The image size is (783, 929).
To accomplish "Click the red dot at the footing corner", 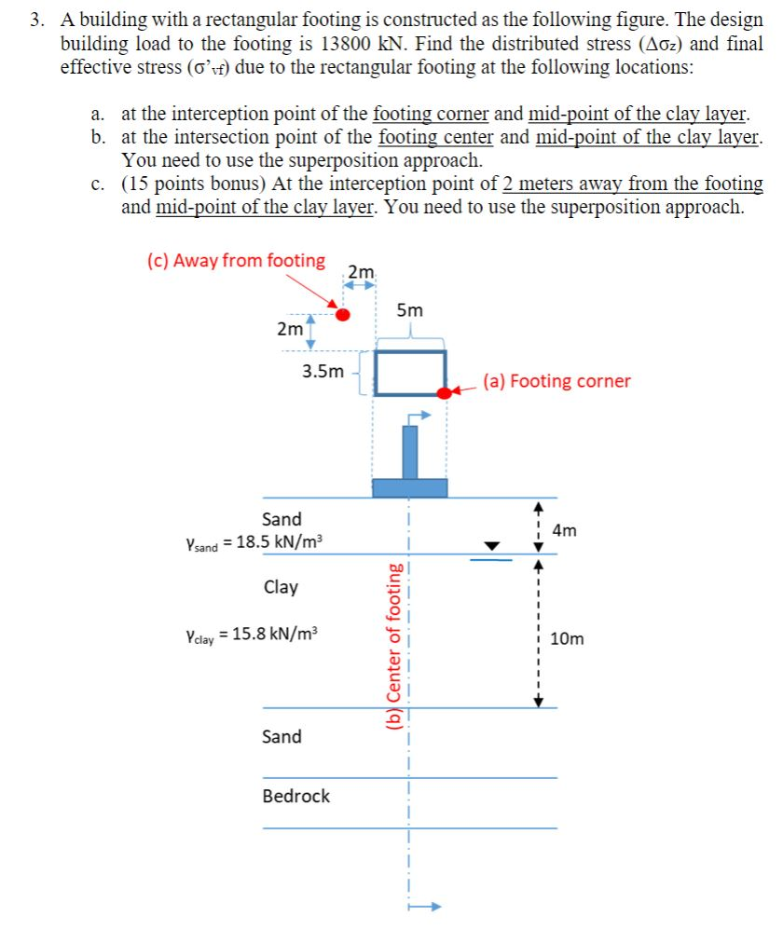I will point(445,392).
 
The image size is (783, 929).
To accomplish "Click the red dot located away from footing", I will point(343,315).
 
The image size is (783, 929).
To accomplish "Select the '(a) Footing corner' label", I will point(556,381).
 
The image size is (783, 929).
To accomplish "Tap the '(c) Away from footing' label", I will point(236,261).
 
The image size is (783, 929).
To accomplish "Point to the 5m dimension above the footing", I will point(409,309).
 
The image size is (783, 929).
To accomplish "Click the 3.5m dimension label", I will point(323,372).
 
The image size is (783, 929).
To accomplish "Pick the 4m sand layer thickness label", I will point(565,531).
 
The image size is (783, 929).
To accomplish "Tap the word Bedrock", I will point(295,796).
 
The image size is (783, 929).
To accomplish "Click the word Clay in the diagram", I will point(281,587).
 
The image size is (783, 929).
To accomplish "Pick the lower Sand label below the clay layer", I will point(282,737).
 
